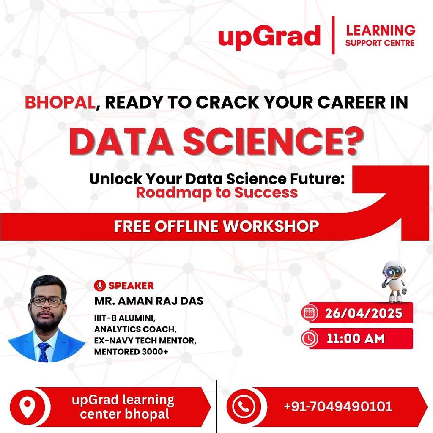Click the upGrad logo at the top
[x=269, y=36]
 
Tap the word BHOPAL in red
[x=60, y=102]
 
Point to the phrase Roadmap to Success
[x=217, y=193]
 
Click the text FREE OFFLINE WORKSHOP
[x=216, y=226]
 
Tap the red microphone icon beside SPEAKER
[x=100, y=285]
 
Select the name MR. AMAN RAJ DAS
[x=149, y=301]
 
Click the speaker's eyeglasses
[x=47, y=302]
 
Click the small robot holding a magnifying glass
[x=394, y=281]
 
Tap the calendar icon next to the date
[x=309, y=313]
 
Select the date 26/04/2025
[x=363, y=313]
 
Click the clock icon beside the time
[x=309, y=339]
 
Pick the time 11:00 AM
[x=356, y=339]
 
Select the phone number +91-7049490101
[x=338, y=406]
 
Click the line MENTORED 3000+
[x=131, y=352]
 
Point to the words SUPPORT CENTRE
[x=380, y=43]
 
